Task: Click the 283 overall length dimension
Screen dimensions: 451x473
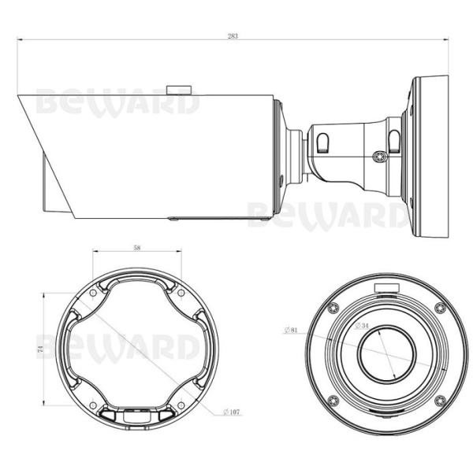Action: coord(233,35)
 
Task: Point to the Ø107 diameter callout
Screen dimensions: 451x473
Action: coord(231,411)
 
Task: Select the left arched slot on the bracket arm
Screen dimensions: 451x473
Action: coord(324,142)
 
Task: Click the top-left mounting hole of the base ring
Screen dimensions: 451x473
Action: coord(94,293)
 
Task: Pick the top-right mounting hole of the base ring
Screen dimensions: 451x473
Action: coord(181,293)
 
